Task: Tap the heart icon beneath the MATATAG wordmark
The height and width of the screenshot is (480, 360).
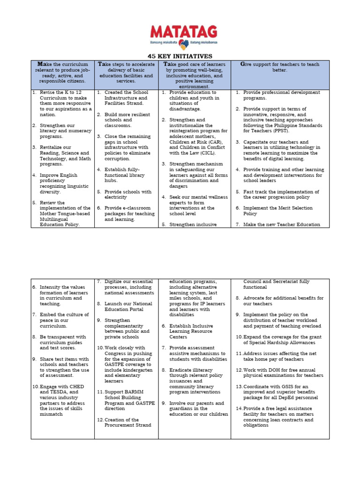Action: click(184, 45)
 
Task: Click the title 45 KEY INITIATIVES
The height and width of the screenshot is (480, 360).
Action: click(180, 56)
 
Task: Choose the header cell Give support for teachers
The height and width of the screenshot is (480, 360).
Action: click(280, 67)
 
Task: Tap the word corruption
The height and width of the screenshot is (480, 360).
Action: click(118, 158)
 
